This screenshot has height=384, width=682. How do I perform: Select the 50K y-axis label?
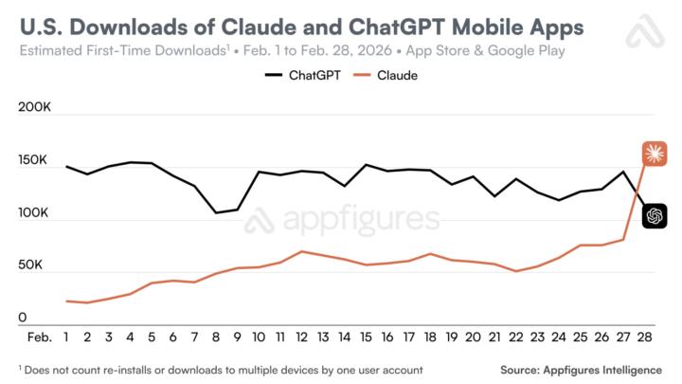37,265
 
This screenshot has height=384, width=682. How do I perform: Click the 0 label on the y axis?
23,319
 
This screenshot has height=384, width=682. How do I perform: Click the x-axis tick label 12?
301,337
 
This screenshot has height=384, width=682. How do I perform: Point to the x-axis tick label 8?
216,337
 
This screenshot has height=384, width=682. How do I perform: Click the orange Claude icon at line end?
655,153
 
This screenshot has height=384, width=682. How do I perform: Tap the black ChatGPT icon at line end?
655,216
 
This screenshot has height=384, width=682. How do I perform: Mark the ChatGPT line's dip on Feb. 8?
216,212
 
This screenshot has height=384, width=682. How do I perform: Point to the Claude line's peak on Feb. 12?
301,251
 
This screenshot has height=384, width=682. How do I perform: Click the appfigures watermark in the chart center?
341,221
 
